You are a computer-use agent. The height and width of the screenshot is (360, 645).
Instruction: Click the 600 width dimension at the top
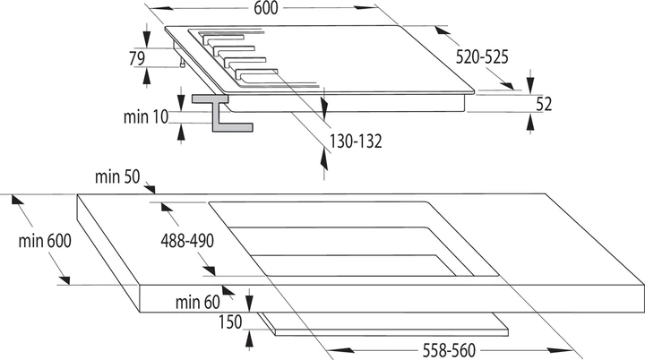(x=266, y=8)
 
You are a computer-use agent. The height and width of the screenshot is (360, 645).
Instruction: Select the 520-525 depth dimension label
(x=482, y=56)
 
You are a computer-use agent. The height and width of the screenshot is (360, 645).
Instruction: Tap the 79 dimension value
(x=137, y=58)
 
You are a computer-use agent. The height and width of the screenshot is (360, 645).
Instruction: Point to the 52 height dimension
(x=544, y=104)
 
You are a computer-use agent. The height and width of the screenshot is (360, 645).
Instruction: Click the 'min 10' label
(x=146, y=116)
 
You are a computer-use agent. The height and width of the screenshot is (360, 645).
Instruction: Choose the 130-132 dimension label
(x=356, y=141)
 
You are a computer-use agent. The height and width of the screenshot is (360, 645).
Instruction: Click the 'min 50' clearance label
(x=117, y=176)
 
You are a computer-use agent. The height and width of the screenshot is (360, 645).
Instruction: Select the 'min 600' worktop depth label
(x=45, y=241)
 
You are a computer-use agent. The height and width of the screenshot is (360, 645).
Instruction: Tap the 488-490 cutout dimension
(x=187, y=241)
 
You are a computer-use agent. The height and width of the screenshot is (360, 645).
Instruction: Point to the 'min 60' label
(x=197, y=303)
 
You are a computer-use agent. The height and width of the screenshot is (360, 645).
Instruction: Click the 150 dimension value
(x=230, y=321)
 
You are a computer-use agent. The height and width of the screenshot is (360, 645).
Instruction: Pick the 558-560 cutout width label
(x=449, y=350)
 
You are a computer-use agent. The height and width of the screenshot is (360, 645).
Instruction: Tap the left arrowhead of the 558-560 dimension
(x=340, y=350)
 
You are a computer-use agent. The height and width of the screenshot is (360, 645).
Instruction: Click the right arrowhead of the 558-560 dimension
(x=560, y=350)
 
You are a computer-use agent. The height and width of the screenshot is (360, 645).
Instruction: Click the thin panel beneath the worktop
(x=383, y=324)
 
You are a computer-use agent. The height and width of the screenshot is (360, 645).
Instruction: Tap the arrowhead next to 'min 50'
(x=150, y=189)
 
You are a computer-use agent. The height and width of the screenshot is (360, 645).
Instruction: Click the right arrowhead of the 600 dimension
(x=365, y=7)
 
